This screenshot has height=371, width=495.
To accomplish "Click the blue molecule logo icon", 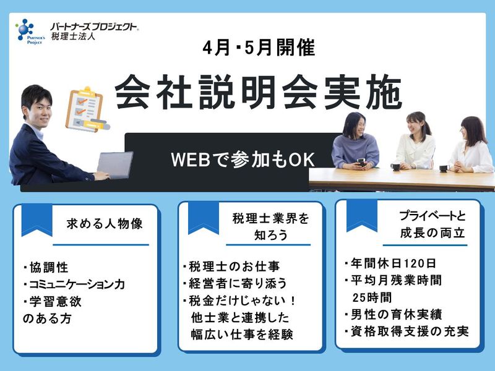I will pos(25,28).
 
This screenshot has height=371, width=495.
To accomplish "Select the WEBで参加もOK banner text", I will pos(244,159).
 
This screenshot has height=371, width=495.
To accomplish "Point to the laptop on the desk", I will pos(114,165).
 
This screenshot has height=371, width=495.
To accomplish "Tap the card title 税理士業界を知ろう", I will pos(262,228).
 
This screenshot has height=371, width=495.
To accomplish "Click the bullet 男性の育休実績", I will pos(392,314).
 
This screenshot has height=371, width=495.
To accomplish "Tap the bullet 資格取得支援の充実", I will pos(406,331).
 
